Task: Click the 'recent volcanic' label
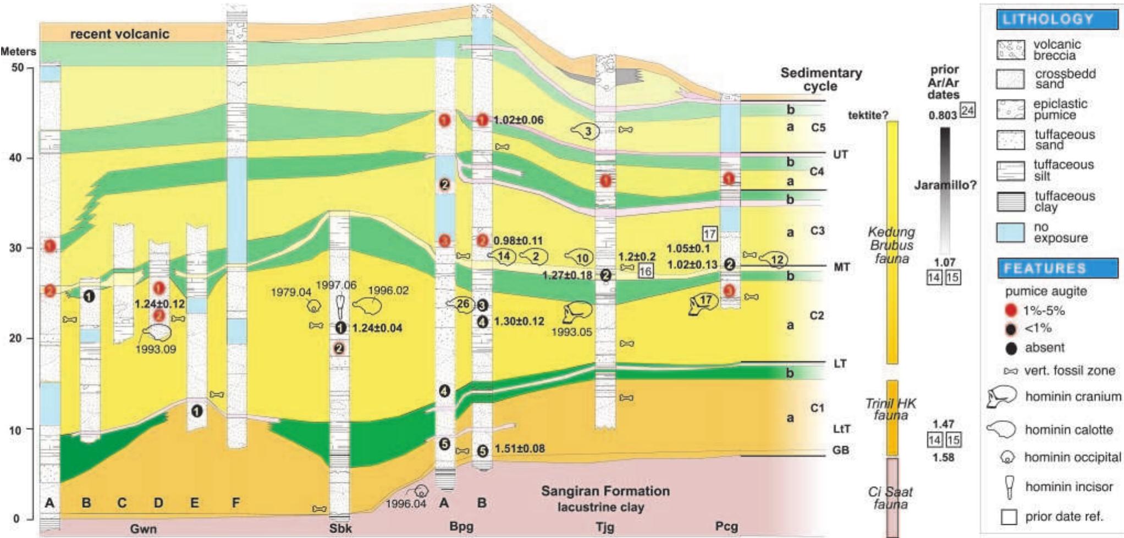(x=119, y=34)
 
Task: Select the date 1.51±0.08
(x=520, y=449)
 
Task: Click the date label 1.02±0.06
(x=518, y=120)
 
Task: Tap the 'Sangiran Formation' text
(x=605, y=491)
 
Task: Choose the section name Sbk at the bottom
(x=340, y=528)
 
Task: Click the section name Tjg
(x=605, y=526)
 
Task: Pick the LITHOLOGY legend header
(x=1049, y=19)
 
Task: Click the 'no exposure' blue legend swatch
(x=1011, y=232)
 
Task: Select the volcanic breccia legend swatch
(x=1011, y=50)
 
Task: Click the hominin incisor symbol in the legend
(x=1010, y=487)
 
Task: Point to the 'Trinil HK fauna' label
(x=891, y=409)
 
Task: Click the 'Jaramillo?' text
(x=945, y=185)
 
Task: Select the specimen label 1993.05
(x=571, y=332)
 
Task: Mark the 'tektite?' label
(x=868, y=115)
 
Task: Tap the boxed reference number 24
(x=967, y=110)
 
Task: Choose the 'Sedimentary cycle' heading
(x=820, y=79)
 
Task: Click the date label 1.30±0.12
(x=519, y=321)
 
